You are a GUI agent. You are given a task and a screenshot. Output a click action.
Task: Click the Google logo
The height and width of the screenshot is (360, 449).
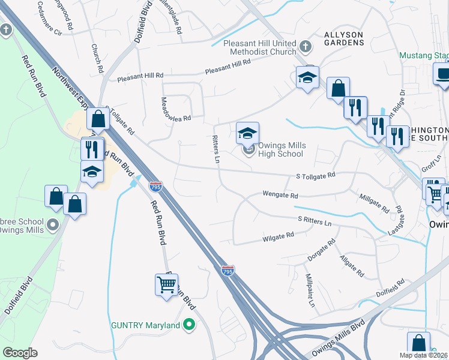click(20, 353)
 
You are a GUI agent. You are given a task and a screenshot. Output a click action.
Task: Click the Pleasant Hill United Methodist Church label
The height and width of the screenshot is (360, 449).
click(259, 48)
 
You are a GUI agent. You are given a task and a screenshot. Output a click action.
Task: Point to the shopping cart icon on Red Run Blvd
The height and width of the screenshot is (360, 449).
click(166, 284)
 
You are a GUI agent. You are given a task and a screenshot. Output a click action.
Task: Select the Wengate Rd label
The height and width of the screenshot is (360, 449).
click(280, 195)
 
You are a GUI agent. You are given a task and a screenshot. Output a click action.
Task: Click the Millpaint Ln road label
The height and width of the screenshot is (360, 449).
click(310, 292)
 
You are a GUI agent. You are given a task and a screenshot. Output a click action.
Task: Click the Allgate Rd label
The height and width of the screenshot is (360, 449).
click(352, 265)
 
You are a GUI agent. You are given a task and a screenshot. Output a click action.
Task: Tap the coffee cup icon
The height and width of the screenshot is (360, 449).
click(443, 74)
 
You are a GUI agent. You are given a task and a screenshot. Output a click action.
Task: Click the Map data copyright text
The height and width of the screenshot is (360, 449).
click(423, 355)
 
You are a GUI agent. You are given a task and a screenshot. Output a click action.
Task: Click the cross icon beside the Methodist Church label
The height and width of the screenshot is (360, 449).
click(306, 46)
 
